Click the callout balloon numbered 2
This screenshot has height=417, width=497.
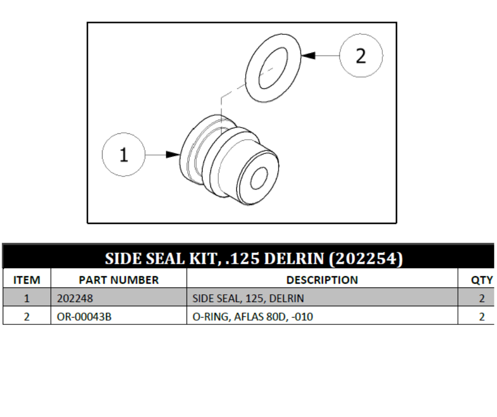coord(361,56)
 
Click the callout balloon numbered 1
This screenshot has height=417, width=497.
coord(124,155)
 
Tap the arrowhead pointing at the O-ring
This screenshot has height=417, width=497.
coord(308,56)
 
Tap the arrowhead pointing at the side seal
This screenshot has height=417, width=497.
coord(173,155)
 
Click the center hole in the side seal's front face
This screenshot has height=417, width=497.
coord(259,178)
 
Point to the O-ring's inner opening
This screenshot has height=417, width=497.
coord(273,68)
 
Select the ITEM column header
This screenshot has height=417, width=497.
coord(26,280)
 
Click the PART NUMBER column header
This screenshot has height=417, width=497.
coord(118,280)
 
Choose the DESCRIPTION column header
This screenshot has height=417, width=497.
coord(322,280)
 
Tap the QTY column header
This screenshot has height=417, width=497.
coord(482,280)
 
